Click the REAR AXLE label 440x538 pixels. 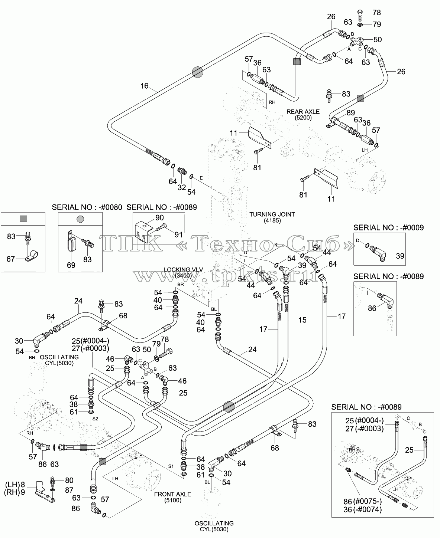[303, 112]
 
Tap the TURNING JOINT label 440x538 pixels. [272, 214]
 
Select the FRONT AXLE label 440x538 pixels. [172, 494]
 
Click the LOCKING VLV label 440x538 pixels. [183, 270]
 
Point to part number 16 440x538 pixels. [144, 86]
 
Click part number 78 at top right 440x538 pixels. [376, 13]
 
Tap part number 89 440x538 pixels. [350, 112]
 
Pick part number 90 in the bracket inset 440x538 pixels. [159, 217]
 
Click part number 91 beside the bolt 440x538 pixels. [178, 235]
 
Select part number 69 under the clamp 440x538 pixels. [71, 265]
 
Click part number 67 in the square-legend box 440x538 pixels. [11, 259]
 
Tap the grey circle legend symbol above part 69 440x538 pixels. [80, 219]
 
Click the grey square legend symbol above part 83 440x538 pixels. [23, 219]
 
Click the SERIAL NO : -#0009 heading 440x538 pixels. [388, 227]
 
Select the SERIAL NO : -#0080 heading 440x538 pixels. [87, 207]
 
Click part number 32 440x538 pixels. [182, 187]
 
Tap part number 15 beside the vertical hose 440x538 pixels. [302, 320]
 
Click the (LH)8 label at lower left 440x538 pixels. [15, 485]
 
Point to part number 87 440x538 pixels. [69, 490]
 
